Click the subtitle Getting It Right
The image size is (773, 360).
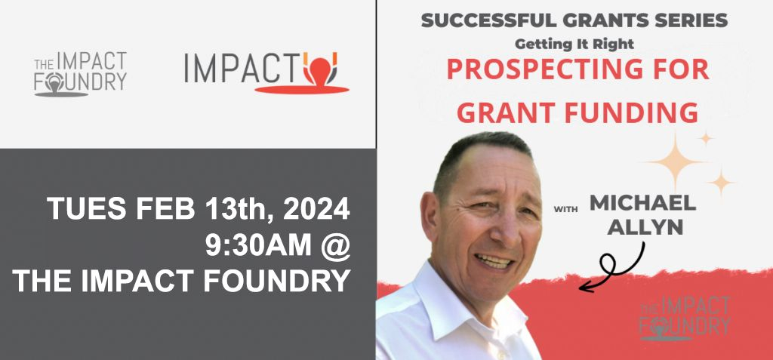click(x=574, y=43)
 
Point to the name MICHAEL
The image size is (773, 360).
click(x=643, y=203)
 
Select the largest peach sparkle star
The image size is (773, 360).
click(x=674, y=162)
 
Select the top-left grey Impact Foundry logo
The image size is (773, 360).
click(x=81, y=74)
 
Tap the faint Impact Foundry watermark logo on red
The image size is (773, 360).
click(x=685, y=318)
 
